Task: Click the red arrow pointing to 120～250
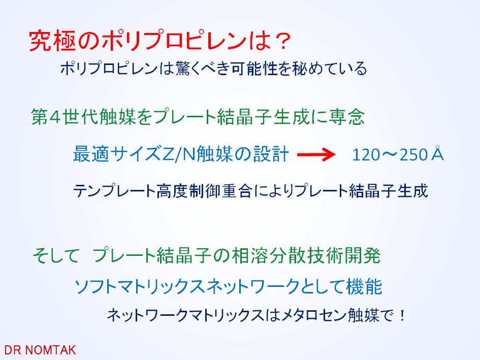[x=316, y=154]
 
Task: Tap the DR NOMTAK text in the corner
[x=40, y=350]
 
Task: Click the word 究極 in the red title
[x=52, y=41]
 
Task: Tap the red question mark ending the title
[x=281, y=41]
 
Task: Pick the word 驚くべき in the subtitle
[x=202, y=68]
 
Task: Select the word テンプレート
[x=114, y=191]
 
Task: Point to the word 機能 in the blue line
[x=364, y=286]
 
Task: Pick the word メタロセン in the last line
[x=314, y=315]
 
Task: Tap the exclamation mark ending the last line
[x=402, y=315]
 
